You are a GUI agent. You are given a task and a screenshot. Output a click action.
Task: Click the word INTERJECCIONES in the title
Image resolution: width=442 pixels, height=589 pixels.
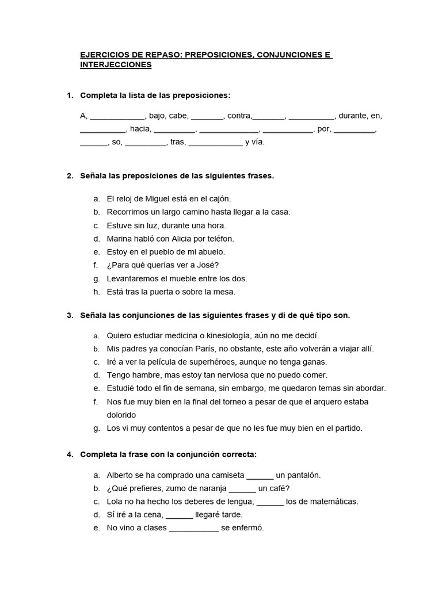pyautogui.click(x=116, y=65)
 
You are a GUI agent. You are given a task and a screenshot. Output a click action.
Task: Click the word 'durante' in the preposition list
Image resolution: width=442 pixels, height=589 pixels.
pyautogui.click(x=352, y=116)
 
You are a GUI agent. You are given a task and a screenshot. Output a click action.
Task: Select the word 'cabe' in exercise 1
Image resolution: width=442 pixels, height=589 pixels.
pyautogui.click(x=178, y=116)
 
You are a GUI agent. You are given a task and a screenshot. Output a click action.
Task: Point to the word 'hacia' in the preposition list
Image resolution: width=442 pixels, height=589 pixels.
pyautogui.click(x=140, y=129)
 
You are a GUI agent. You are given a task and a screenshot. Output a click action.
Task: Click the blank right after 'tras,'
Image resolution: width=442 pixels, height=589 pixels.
pyautogui.click(x=215, y=142)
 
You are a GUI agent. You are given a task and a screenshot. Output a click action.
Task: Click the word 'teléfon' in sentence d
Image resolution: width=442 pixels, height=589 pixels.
pyautogui.click(x=219, y=238)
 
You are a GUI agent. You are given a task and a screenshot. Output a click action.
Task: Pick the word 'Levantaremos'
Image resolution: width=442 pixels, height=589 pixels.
pyautogui.click(x=134, y=278)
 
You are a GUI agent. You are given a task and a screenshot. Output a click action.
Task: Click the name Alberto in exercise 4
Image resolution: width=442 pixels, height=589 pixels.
pyautogui.click(x=121, y=475)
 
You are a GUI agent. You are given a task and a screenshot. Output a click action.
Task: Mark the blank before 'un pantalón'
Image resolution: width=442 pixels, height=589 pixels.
pyautogui.click(x=260, y=475)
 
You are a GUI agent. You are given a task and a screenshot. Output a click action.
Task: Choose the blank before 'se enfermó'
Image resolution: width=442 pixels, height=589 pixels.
pyautogui.click(x=194, y=528)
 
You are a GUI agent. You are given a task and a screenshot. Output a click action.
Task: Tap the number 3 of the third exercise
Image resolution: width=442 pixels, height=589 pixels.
pyautogui.click(x=70, y=315)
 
